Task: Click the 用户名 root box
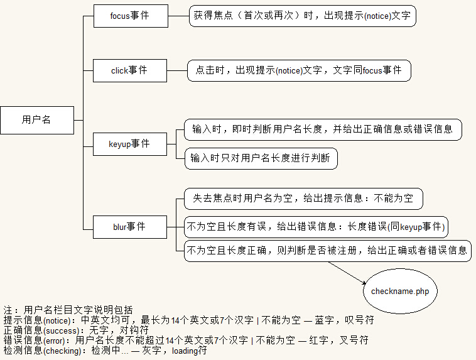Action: click(x=37, y=120)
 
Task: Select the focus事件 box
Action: click(x=130, y=16)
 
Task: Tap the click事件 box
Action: click(x=129, y=70)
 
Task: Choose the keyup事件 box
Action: click(x=129, y=144)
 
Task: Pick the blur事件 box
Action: click(x=129, y=226)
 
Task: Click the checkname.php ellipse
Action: click(x=399, y=292)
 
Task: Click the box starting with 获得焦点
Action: click(x=302, y=16)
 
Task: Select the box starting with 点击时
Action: click(x=299, y=70)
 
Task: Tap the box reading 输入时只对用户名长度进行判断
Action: click(x=261, y=158)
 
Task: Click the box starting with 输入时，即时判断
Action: click(x=322, y=129)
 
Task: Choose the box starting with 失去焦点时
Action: click(x=303, y=199)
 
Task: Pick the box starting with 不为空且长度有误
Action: click(x=316, y=226)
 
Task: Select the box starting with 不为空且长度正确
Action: click(x=327, y=251)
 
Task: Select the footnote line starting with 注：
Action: click(x=68, y=310)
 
